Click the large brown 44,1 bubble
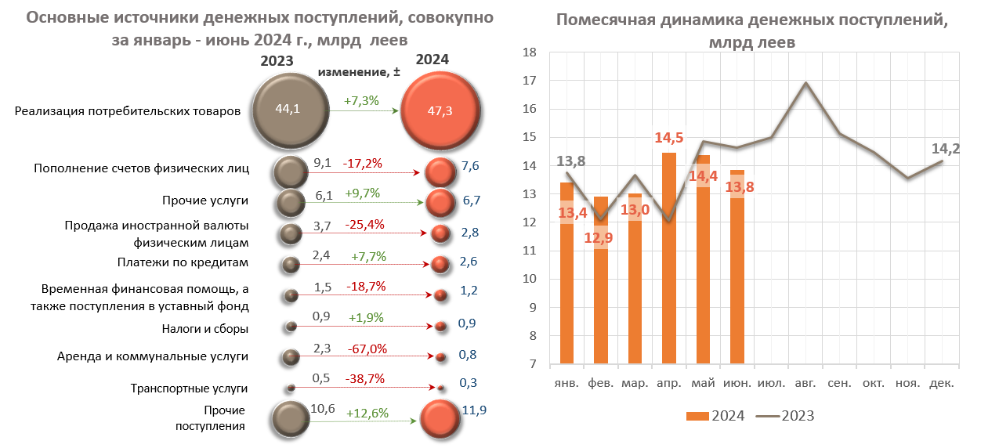(x=288, y=110)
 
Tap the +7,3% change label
(x=361, y=100)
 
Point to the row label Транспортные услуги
(x=189, y=388)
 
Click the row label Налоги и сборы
(x=205, y=329)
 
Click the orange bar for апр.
(x=668, y=258)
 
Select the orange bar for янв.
(x=566, y=274)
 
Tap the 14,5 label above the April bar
(x=668, y=138)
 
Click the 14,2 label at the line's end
(x=946, y=148)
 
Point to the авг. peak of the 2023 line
(x=805, y=82)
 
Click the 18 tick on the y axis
(x=529, y=52)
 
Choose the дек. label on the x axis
(x=941, y=383)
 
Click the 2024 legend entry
(x=715, y=416)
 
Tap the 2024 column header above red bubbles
(x=433, y=60)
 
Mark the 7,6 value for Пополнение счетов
(x=471, y=167)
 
